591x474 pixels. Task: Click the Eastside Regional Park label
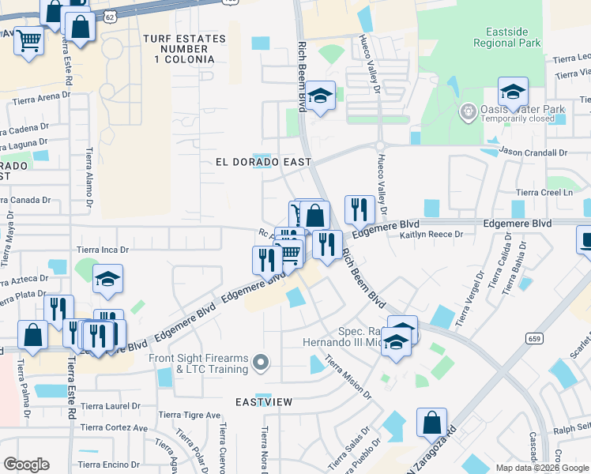point(506,36)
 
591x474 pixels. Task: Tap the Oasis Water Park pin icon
point(468,110)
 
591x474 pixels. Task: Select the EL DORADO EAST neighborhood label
point(264,162)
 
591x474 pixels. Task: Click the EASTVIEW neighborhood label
point(265,402)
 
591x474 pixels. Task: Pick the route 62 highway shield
point(109,15)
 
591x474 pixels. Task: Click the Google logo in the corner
point(26,465)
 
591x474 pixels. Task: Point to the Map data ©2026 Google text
point(542,467)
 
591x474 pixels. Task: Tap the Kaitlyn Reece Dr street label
point(431,235)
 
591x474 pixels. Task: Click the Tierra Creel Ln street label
point(544,193)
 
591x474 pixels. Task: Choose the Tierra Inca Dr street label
point(102,250)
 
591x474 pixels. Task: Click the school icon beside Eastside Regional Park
point(513,93)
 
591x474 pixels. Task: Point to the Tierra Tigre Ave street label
point(189,415)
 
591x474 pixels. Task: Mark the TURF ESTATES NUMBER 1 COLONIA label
point(179,49)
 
